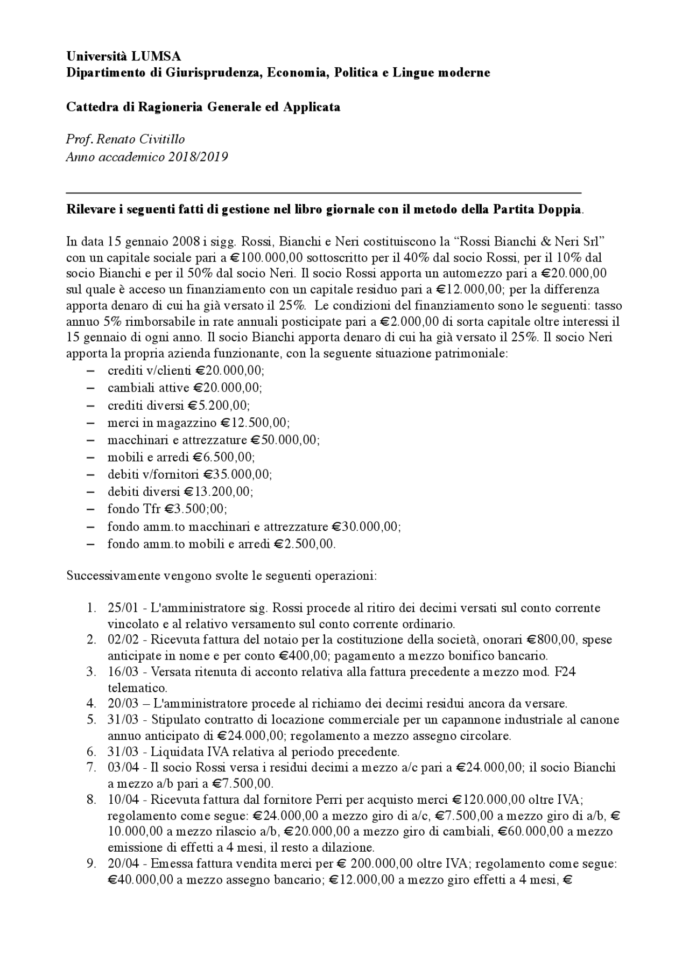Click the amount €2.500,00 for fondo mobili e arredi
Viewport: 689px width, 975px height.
[x=304, y=544]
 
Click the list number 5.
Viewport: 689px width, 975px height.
[x=91, y=720]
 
